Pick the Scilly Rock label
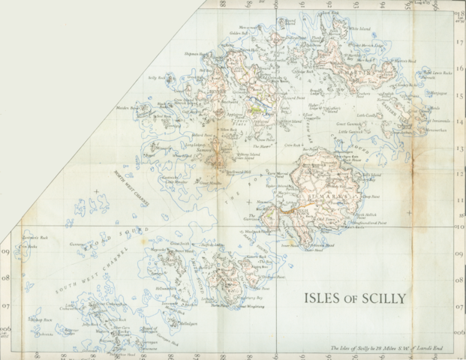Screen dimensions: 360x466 [x=156, y=77]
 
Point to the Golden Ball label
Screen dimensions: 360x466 [x=239, y=34]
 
